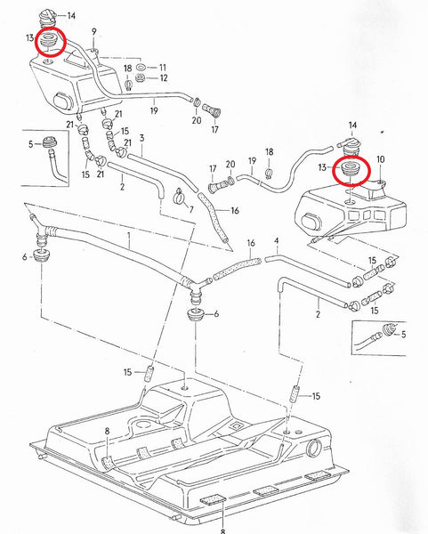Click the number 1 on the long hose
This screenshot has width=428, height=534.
pyautogui.click(x=130, y=239)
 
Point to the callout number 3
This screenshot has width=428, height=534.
pyautogui.click(x=141, y=139)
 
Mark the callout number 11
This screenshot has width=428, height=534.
pyautogui.click(x=162, y=68)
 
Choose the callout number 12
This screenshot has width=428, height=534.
pyautogui.click(x=162, y=79)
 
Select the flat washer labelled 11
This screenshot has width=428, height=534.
pyautogui.click(x=141, y=68)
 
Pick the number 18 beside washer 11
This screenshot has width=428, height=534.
pyautogui.click(x=128, y=68)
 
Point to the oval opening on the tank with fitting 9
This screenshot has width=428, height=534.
pyautogui.click(x=61, y=97)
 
